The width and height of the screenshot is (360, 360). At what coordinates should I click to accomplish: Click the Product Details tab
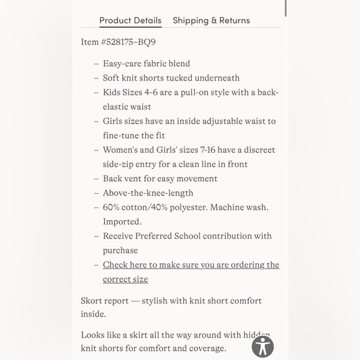130,20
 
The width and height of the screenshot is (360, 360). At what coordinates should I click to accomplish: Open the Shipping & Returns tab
211,20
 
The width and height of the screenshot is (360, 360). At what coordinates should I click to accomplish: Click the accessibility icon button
263,346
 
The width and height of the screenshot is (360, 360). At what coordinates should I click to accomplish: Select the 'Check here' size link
191,265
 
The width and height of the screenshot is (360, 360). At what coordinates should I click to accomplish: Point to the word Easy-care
121,63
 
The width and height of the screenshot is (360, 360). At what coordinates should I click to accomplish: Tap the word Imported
122,222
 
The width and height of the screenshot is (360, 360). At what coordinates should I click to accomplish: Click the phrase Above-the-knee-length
148,193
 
